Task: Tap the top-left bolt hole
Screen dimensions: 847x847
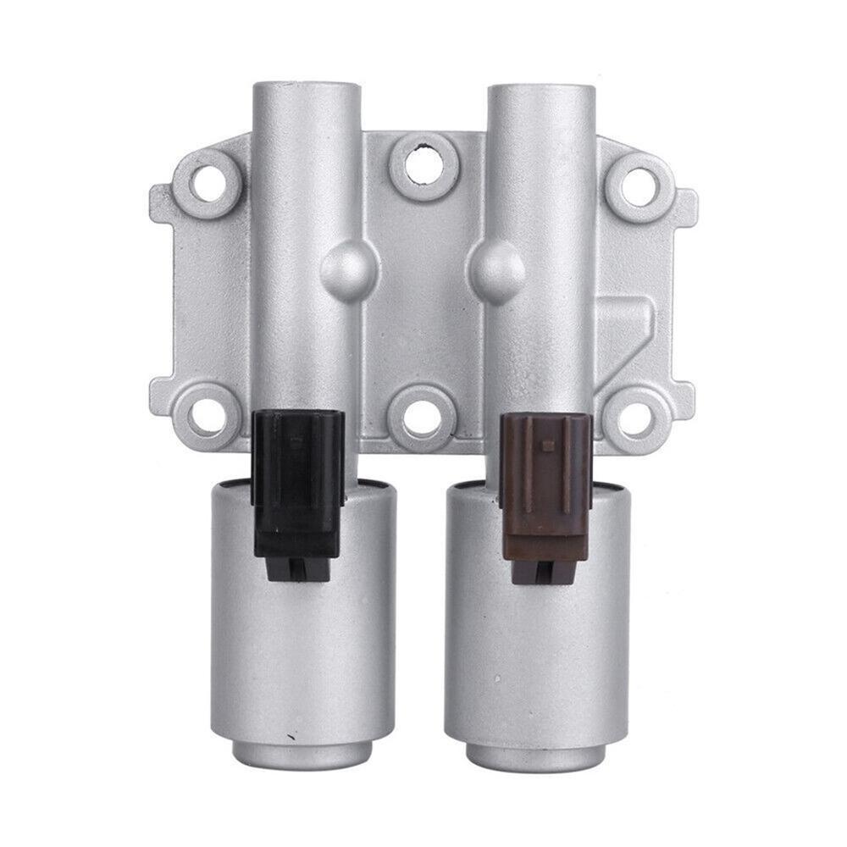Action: click(203, 180)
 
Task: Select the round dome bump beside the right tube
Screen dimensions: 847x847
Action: click(495, 264)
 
